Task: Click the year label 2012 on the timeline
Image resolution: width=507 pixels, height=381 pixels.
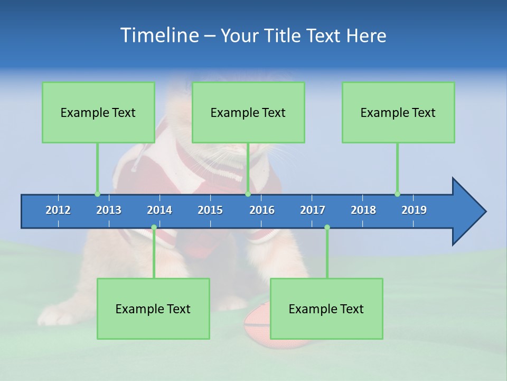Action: click(x=58, y=210)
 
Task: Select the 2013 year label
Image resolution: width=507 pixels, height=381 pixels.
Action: click(x=109, y=210)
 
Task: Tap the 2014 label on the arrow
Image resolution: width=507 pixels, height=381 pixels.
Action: click(x=159, y=210)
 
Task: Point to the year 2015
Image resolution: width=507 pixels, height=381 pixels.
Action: click(x=210, y=210)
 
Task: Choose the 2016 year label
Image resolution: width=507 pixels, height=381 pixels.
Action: click(x=262, y=210)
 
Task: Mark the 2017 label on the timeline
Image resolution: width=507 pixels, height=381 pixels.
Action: click(x=313, y=210)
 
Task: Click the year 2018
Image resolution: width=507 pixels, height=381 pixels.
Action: click(x=363, y=210)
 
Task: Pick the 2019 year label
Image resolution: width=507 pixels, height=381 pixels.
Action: click(x=414, y=210)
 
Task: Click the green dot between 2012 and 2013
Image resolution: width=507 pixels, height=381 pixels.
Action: click(x=97, y=194)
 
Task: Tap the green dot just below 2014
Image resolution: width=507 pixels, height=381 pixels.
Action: click(x=154, y=227)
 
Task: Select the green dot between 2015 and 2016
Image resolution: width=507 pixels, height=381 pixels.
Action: click(x=248, y=194)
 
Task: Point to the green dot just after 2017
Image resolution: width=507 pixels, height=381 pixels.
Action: click(x=327, y=227)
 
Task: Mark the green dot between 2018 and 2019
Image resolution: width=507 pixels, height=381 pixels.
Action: click(x=397, y=194)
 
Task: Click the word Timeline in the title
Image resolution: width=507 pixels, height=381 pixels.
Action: click(x=159, y=35)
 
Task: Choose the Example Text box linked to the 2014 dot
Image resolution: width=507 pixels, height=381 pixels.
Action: click(x=153, y=309)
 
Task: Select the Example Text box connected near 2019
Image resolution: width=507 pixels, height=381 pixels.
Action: click(x=398, y=112)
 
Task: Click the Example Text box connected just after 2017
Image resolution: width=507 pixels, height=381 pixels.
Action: click(x=326, y=309)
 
